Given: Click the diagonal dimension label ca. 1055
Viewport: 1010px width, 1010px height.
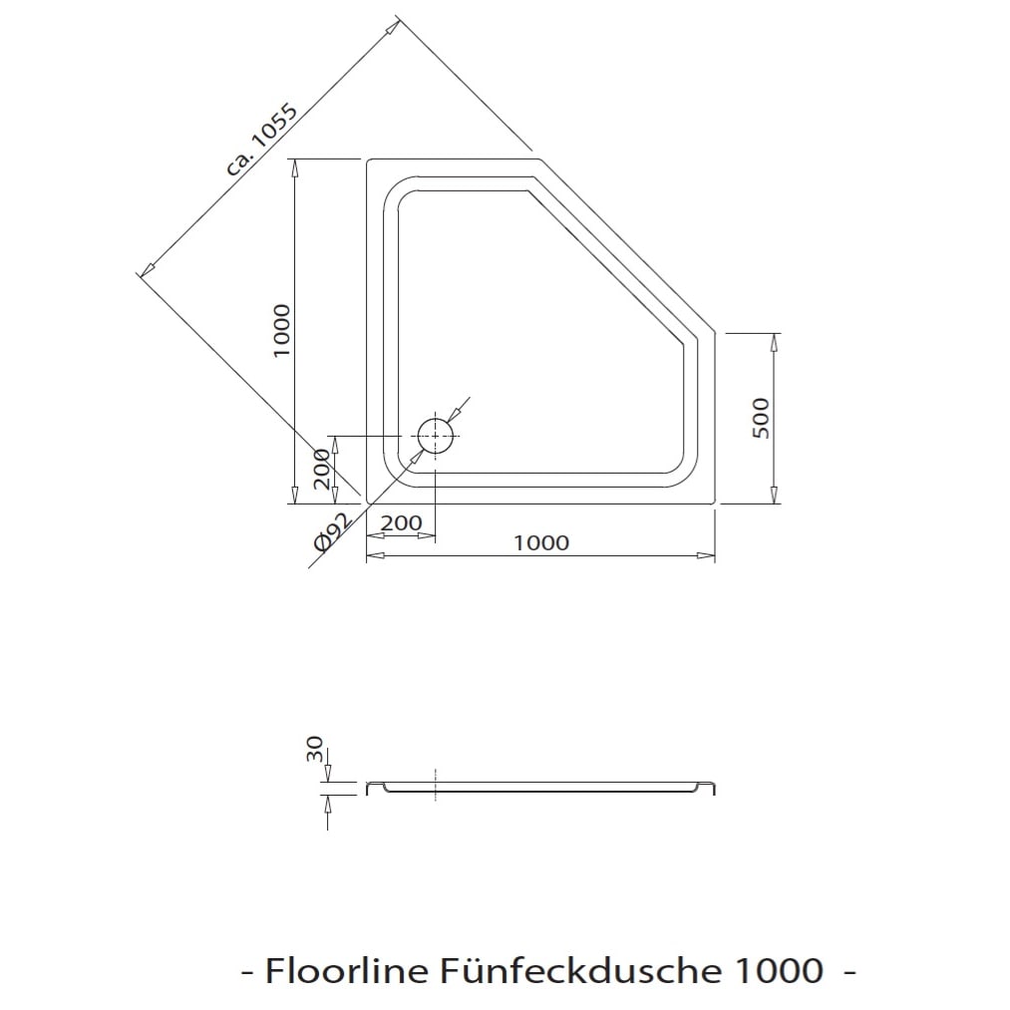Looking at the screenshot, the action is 262,140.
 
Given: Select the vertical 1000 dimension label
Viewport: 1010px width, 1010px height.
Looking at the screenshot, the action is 282,331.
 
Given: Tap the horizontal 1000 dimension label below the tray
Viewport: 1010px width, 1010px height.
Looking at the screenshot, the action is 541,543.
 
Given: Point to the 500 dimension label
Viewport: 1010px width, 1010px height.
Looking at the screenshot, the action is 761,418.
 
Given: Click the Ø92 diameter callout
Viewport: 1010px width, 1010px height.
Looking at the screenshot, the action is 332,532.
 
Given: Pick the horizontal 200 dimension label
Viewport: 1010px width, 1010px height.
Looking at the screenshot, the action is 401,523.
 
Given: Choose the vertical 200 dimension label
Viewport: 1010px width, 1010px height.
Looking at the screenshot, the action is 321,469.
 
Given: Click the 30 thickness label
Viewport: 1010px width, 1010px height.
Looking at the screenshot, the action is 315,749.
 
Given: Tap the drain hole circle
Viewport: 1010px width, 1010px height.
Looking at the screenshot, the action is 436,436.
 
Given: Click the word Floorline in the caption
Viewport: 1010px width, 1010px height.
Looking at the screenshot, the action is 347,971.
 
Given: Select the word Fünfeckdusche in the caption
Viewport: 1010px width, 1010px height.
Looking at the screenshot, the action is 582,971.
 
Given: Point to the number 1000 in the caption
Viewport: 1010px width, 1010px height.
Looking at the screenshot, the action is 779,971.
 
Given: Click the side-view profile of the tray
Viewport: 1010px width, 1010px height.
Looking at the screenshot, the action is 541,788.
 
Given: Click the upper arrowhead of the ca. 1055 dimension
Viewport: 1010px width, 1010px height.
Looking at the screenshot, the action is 394,26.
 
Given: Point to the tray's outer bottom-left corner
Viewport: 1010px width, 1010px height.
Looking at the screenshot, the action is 367,503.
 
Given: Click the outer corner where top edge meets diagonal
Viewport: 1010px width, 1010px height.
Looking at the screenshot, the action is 539,159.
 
